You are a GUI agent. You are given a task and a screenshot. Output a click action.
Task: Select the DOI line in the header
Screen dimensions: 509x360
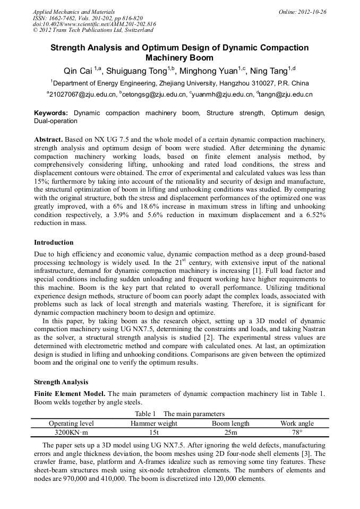(94, 24)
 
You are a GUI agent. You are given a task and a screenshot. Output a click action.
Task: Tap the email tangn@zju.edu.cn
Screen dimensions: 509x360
(286, 94)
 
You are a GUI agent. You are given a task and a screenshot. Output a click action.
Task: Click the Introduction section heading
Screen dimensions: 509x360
(54, 243)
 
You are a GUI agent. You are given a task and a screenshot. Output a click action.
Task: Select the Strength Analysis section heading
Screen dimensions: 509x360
(61, 382)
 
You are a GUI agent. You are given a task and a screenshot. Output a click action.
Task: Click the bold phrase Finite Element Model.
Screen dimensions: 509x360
(70, 393)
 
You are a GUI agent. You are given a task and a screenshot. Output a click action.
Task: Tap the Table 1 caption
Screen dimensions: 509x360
(179, 413)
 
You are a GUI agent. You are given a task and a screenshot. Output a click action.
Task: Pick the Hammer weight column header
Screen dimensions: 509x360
(154, 423)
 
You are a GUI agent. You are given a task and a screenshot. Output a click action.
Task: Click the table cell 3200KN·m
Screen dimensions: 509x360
(71, 432)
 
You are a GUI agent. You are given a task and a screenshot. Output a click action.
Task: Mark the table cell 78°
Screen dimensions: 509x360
(297, 432)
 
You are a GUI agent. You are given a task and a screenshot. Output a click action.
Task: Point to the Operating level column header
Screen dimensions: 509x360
(71, 423)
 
